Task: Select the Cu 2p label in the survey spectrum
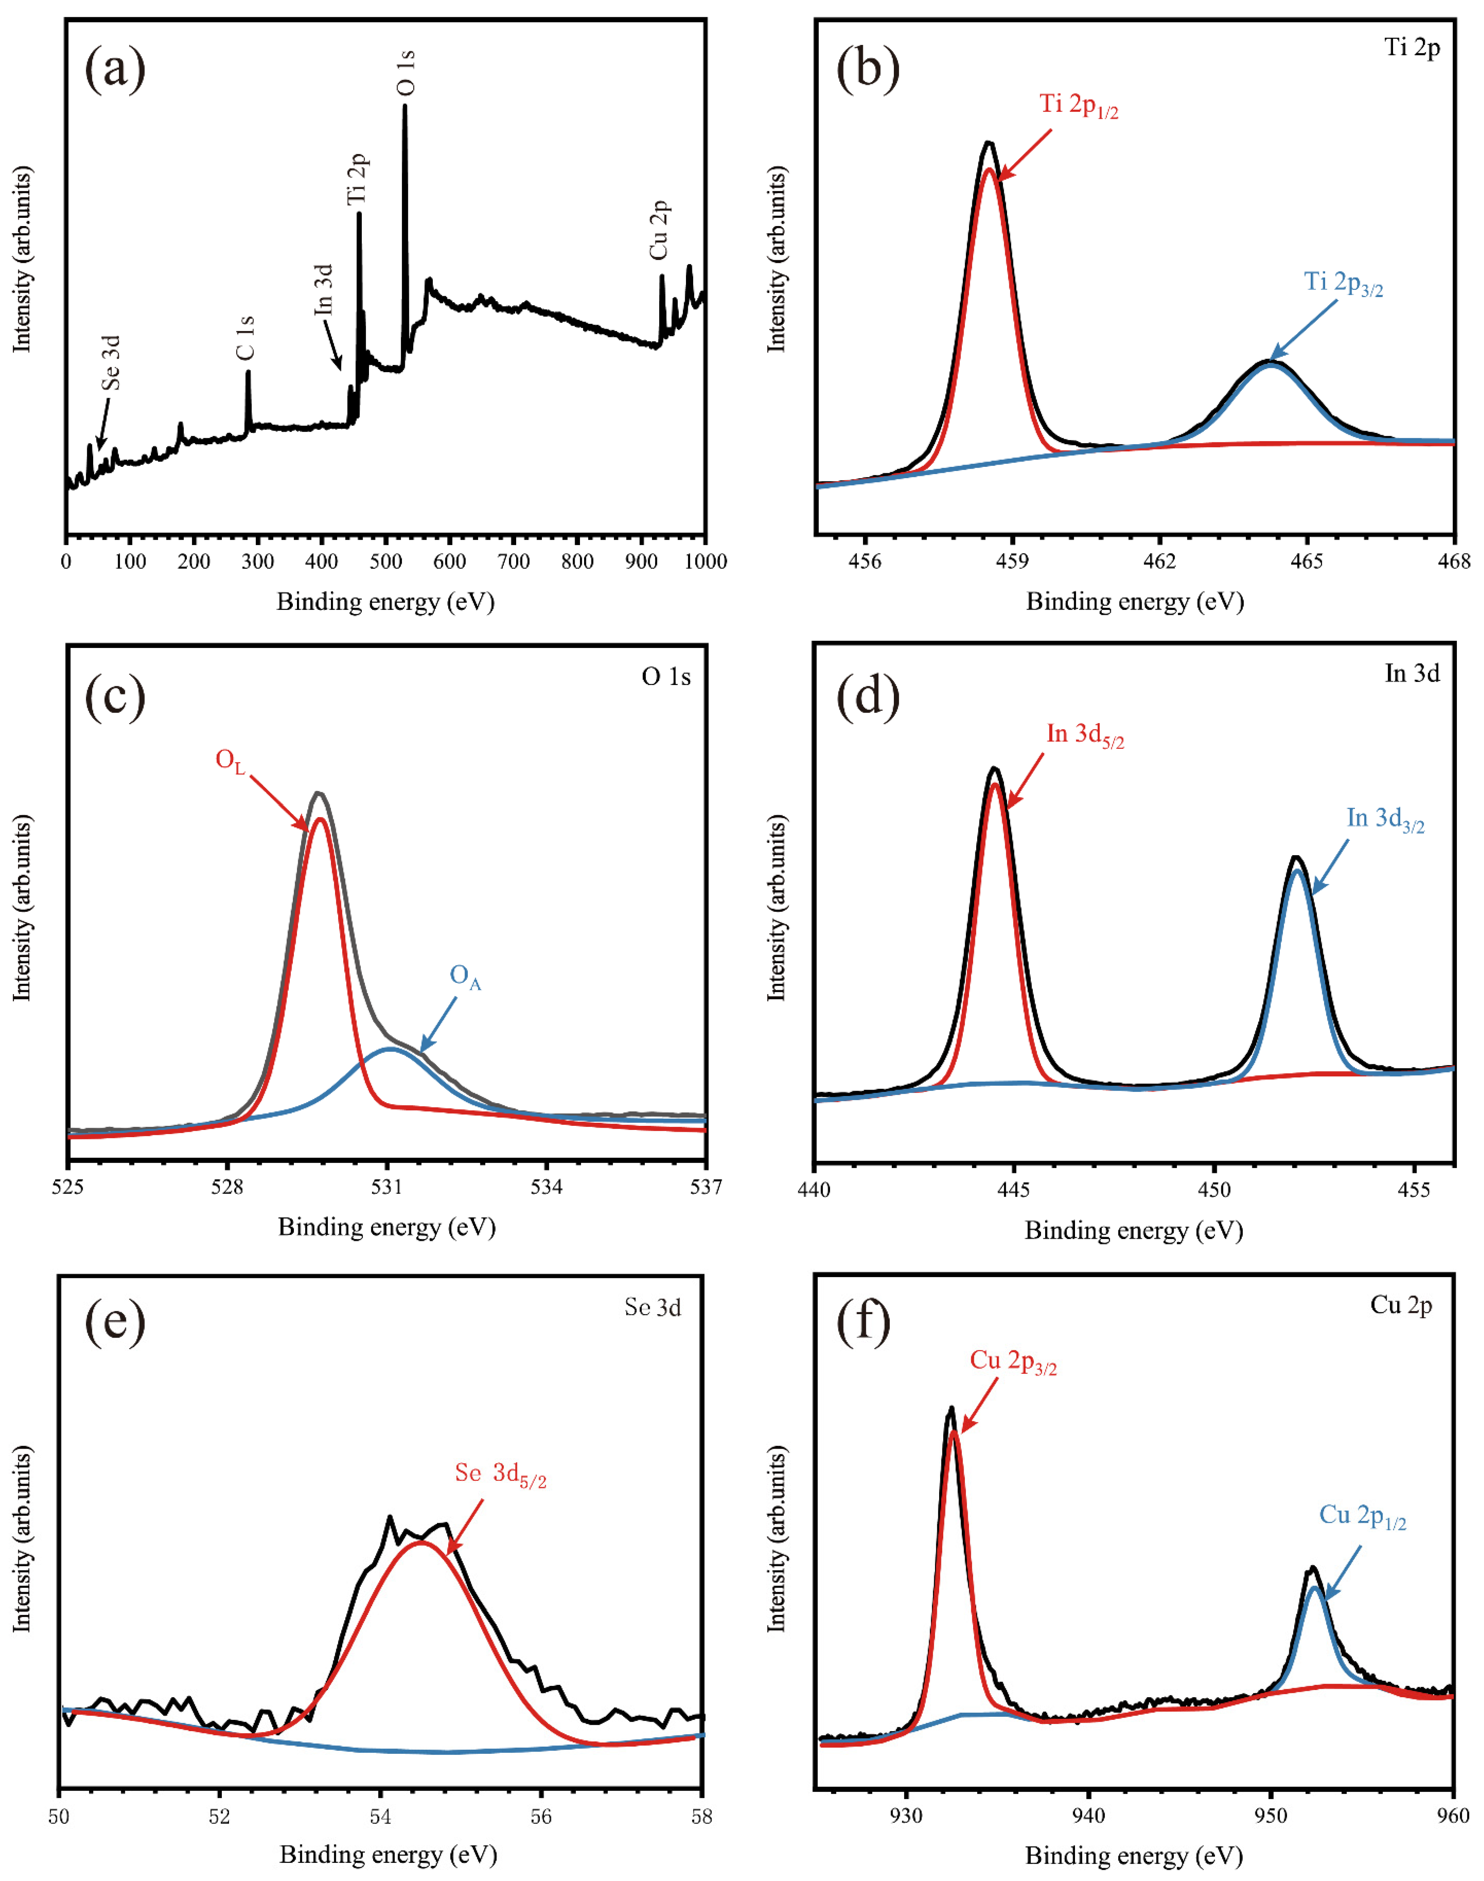(660, 230)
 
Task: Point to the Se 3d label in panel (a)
(110, 363)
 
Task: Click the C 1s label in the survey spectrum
(246, 338)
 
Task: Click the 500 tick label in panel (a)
(386, 561)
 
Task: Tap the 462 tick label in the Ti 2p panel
(1159, 561)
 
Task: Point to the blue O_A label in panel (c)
(465, 977)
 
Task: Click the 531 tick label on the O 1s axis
(387, 1187)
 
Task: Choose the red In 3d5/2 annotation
(1084, 735)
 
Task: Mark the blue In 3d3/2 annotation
(1385, 819)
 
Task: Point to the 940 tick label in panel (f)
(1089, 1816)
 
